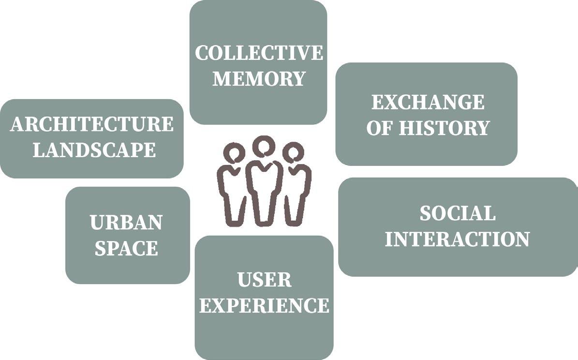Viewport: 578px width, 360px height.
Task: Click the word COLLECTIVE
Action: click(259, 53)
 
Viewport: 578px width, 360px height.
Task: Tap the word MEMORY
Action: click(259, 78)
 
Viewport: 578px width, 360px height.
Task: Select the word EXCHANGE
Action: click(428, 102)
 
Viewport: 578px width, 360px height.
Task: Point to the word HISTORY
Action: click(444, 128)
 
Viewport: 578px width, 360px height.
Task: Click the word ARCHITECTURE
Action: click(92, 124)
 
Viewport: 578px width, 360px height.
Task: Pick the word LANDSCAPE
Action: click(94, 150)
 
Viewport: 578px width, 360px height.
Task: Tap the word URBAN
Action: click(126, 223)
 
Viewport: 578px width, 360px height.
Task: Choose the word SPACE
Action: click(126, 248)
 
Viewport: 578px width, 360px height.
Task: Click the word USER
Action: click(264, 280)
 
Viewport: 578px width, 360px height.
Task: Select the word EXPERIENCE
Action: click(264, 305)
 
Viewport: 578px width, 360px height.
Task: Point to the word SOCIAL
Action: click(457, 213)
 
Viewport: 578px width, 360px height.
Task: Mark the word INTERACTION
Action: click(457, 239)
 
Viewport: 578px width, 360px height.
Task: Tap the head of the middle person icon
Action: click(264, 146)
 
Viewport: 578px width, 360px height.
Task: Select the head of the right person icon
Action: click(293, 153)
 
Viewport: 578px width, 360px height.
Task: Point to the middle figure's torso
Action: click(264, 179)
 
